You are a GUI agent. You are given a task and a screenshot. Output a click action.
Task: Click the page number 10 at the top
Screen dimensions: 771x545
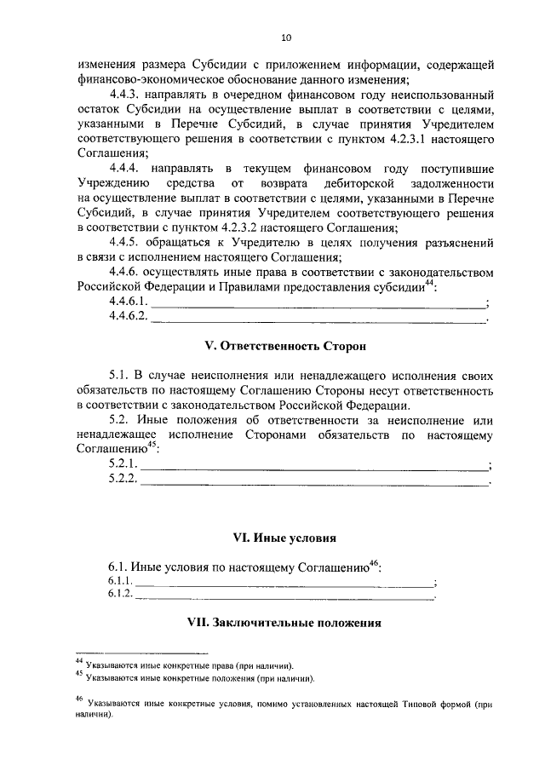coord(285,37)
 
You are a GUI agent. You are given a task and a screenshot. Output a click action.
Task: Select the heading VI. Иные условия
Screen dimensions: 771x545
coord(284,538)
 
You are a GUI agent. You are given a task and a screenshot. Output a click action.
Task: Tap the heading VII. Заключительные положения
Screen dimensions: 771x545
coord(284,623)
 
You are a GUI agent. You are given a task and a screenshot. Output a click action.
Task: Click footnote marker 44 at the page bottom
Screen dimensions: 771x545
coord(78,661)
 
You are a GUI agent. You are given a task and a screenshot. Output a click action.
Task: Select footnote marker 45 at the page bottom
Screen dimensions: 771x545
coord(78,676)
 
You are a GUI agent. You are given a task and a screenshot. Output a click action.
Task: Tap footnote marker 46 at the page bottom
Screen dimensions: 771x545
coord(78,700)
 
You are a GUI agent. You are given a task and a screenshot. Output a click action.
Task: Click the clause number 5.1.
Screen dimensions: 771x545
coord(118,376)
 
